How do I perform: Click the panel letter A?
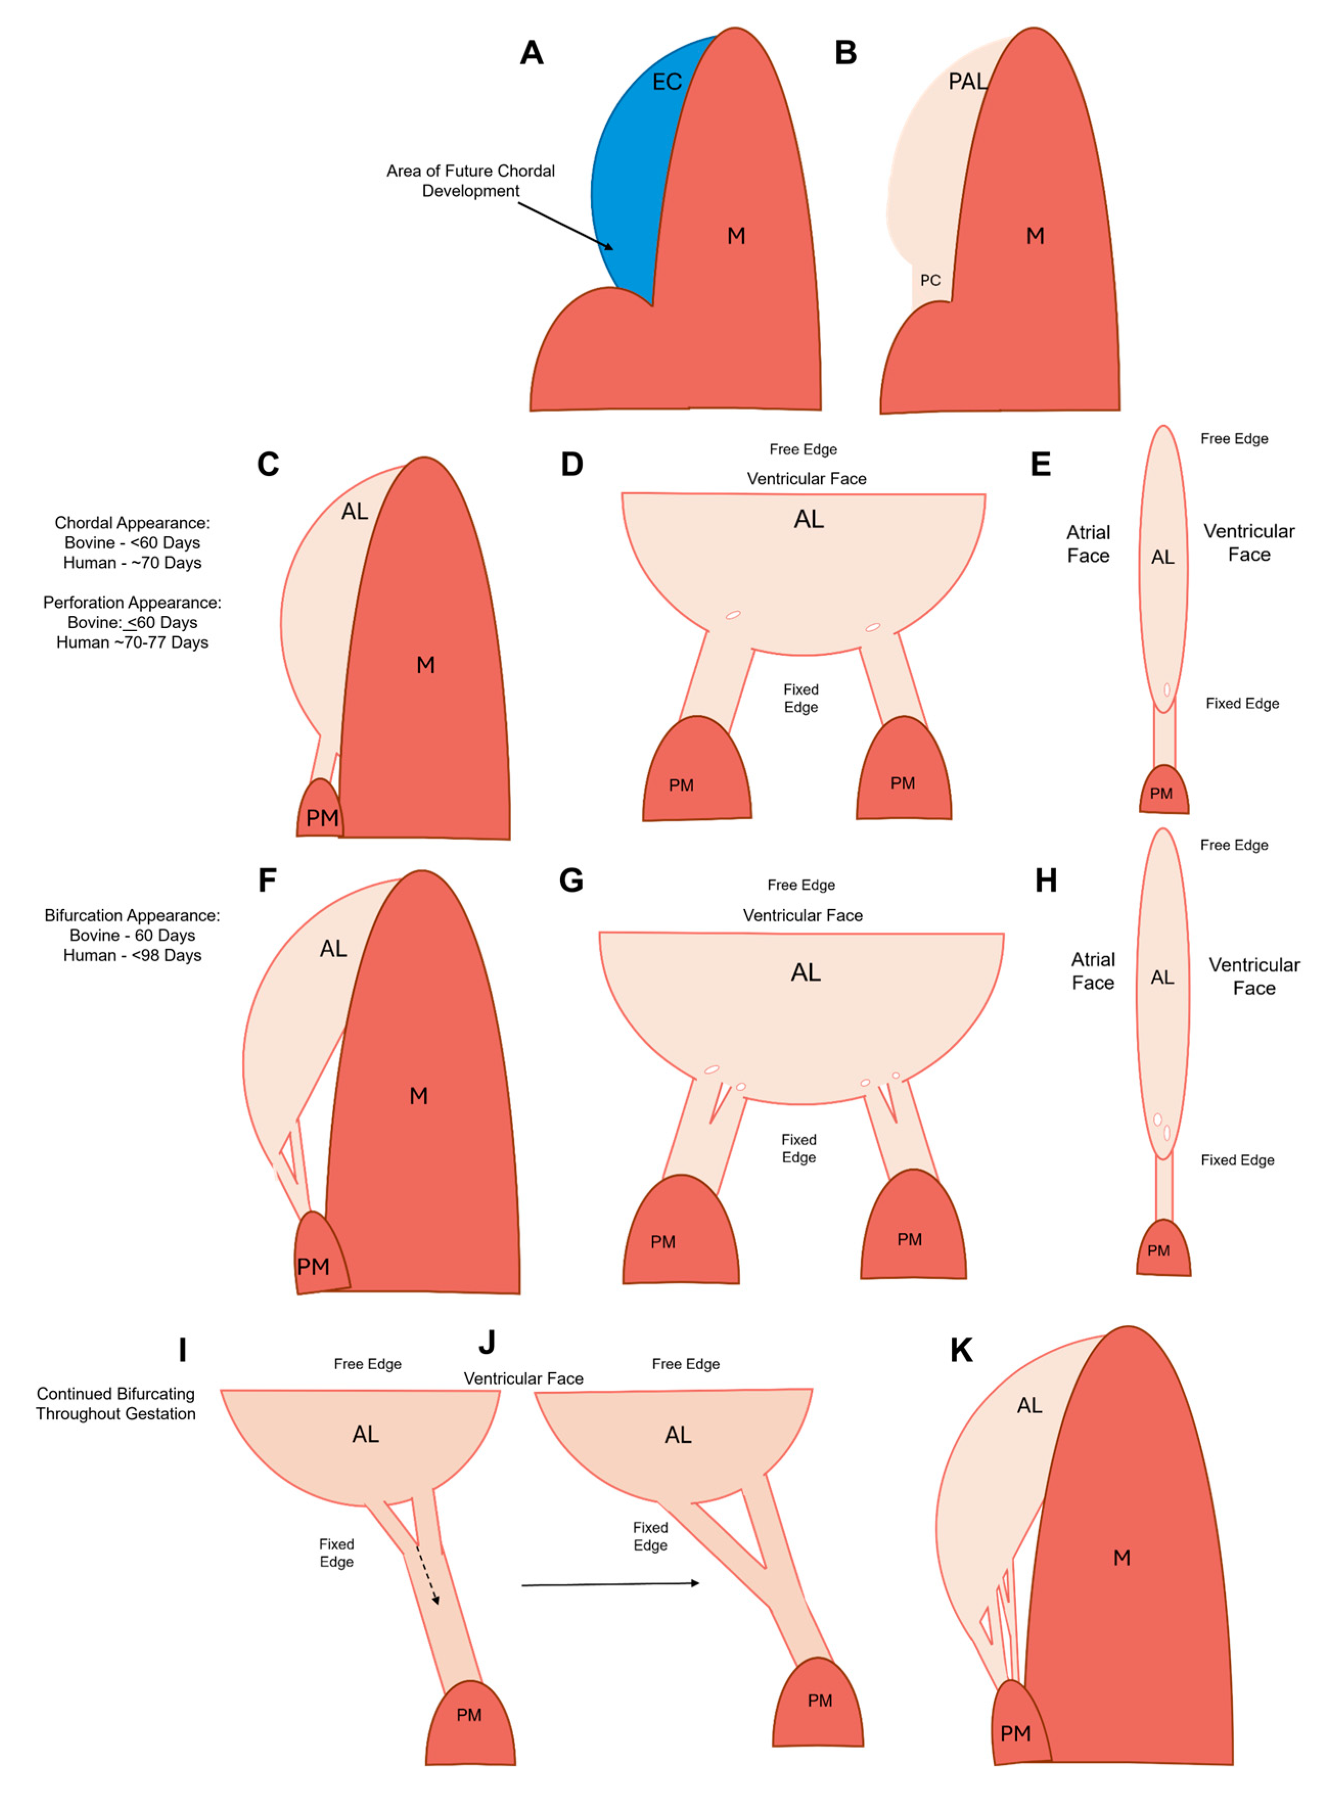pyautogui.click(x=531, y=53)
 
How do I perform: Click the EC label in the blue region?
pyautogui.click(x=666, y=82)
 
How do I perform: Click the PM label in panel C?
pyautogui.click(x=322, y=818)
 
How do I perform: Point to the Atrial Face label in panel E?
pyautogui.click(x=1088, y=544)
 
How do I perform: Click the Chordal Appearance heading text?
pyautogui.click(x=132, y=523)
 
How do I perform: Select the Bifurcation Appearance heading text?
pyautogui.click(x=132, y=916)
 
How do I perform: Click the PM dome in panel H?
pyautogui.click(x=1162, y=1250)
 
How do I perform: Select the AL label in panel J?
pyautogui.click(x=677, y=1435)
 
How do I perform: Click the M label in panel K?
pyautogui.click(x=1122, y=1558)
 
